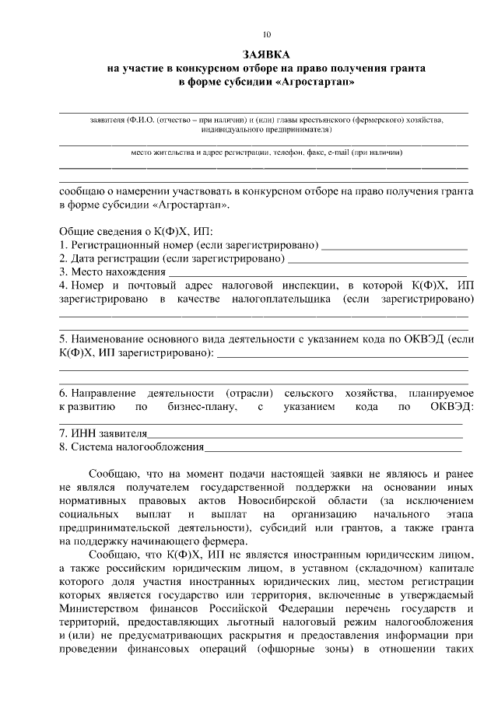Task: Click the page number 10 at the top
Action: click(267, 34)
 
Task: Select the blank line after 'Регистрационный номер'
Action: click(395, 247)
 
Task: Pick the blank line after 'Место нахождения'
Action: click(317, 273)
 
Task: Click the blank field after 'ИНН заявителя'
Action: click(304, 434)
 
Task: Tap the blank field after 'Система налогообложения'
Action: click(333, 447)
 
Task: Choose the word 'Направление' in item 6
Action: click(103, 394)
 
